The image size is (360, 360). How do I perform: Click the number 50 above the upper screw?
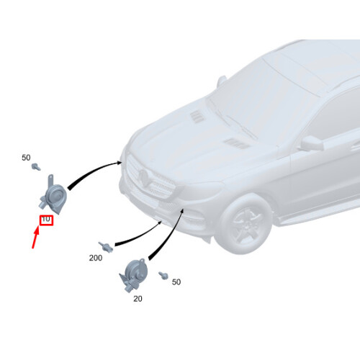click(x=26, y=158)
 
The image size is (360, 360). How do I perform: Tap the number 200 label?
click(x=96, y=258)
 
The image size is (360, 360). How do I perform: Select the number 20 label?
click(x=138, y=299)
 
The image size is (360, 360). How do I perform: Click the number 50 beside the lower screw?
click(x=176, y=282)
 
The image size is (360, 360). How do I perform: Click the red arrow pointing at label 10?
click(x=35, y=237)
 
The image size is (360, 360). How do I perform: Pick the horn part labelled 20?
click(x=133, y=276)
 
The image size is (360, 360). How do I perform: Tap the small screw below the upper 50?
click(x=36, y=166)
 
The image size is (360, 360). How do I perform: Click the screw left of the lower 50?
click(x=163, y=276)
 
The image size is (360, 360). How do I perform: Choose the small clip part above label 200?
click(x=106, y=246)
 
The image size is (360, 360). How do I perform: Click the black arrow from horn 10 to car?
click(x=92, y=171)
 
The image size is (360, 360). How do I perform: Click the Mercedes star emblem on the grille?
click(x=144, y=178)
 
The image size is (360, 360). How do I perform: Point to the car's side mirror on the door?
click(x=312, y=143)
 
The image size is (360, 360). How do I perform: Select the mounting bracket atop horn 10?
click(x=51, y=181)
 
